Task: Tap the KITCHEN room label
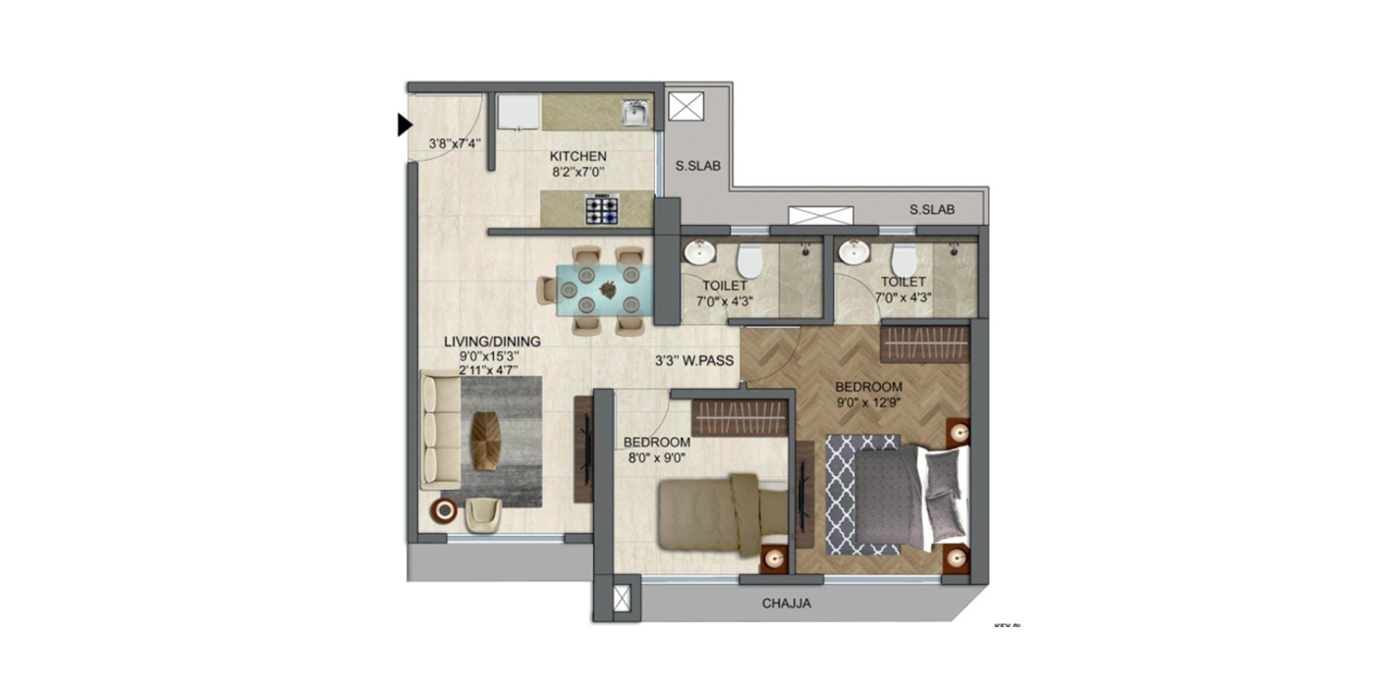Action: click(577, 156)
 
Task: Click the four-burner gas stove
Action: click(602, 209)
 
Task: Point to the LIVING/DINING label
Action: click(492, 342)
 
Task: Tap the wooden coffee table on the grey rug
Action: click(485, 441)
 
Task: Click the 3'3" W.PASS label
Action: click(695, 361)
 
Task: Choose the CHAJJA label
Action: click(787, 604)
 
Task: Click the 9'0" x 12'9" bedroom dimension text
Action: click(868, 402)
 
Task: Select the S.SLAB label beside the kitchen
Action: click(698, 166)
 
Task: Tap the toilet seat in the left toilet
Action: click(749, 260)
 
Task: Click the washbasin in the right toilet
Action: click(852, 252)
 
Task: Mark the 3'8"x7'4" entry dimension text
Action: click(454, 143)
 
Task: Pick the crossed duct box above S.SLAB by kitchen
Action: click(685, 106)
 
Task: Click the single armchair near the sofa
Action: click(483, 514)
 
